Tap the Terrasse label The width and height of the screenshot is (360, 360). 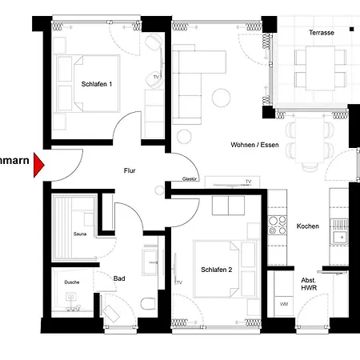click(322, 33)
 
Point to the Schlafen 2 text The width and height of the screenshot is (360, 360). click(216, 270)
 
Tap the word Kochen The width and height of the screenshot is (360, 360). click(307, 226)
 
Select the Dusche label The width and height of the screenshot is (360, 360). click(72, 282)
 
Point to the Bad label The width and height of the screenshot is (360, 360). click(119, 278)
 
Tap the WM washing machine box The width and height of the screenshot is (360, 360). click(283, 304)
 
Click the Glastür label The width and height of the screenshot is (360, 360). click(190, 180)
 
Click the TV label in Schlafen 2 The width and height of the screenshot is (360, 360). click(178, 282)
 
